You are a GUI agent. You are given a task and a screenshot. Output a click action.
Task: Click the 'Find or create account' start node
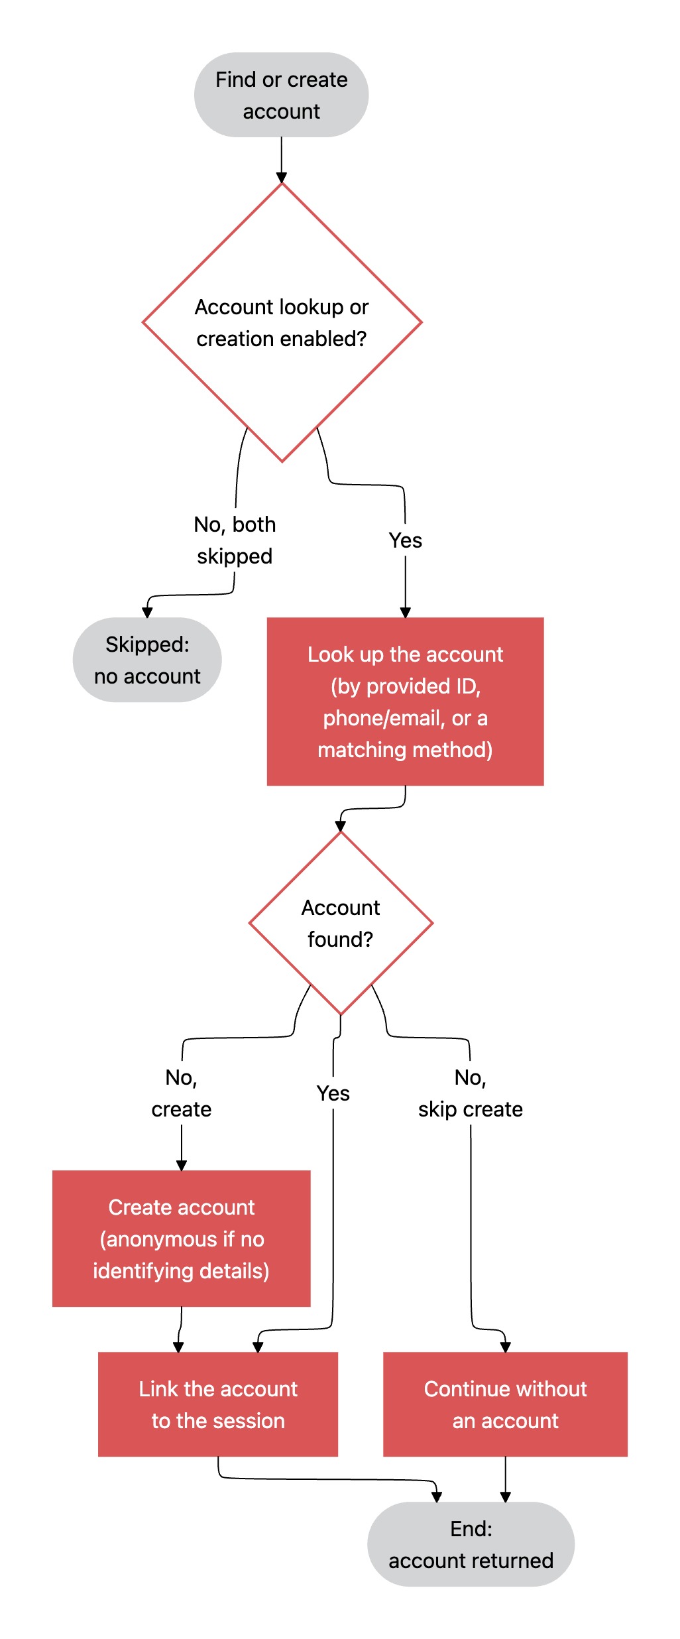click(281, 95)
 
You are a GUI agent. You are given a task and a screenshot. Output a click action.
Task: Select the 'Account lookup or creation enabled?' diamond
click(282, 322)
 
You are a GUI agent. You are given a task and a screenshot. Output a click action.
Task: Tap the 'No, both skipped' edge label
click(235, 540)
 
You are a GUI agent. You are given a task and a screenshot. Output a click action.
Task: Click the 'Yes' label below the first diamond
click(405, 540)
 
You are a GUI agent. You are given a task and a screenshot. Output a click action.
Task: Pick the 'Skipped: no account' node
click(147, 660)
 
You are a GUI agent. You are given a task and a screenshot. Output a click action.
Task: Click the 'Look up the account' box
click(405, 701)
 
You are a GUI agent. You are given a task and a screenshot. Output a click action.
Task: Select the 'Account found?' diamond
click(341, 923)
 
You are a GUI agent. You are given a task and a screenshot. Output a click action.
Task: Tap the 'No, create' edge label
click(182, 1093)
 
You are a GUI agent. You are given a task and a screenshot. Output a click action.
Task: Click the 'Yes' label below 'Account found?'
click(333, 1093)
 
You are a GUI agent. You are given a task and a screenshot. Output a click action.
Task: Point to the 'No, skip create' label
click(471, 1093)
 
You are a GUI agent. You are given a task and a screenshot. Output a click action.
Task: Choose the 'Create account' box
click(182, 1239)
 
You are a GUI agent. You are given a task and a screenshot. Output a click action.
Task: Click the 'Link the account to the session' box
click(218, 1404)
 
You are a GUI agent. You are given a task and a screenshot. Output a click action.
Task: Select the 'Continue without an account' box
click(505, 1404)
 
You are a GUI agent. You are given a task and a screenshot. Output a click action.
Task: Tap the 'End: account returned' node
click(471, 1544)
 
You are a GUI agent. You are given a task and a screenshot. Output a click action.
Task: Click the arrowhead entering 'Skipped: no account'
click(147, 612)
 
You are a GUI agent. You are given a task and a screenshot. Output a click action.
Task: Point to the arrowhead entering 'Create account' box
click(182, 1165)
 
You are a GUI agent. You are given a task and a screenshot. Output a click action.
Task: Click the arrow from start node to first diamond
click(281, 160)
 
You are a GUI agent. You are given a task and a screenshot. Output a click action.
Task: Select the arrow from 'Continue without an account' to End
click(505, 1479)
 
